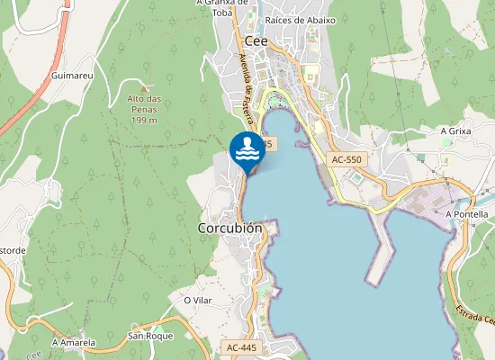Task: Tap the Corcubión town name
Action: [229, 229]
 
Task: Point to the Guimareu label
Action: [73, 76]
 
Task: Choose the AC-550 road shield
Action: [346, 159]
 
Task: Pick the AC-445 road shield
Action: [240, 346]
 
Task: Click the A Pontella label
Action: [466, 214]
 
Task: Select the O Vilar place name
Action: [197, 300]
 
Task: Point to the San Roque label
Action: [149, 336]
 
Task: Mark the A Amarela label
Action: [73, 343]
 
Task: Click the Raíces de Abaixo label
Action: [301, 20]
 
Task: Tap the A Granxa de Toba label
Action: [221, 7]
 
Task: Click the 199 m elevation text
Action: [144, 120]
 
